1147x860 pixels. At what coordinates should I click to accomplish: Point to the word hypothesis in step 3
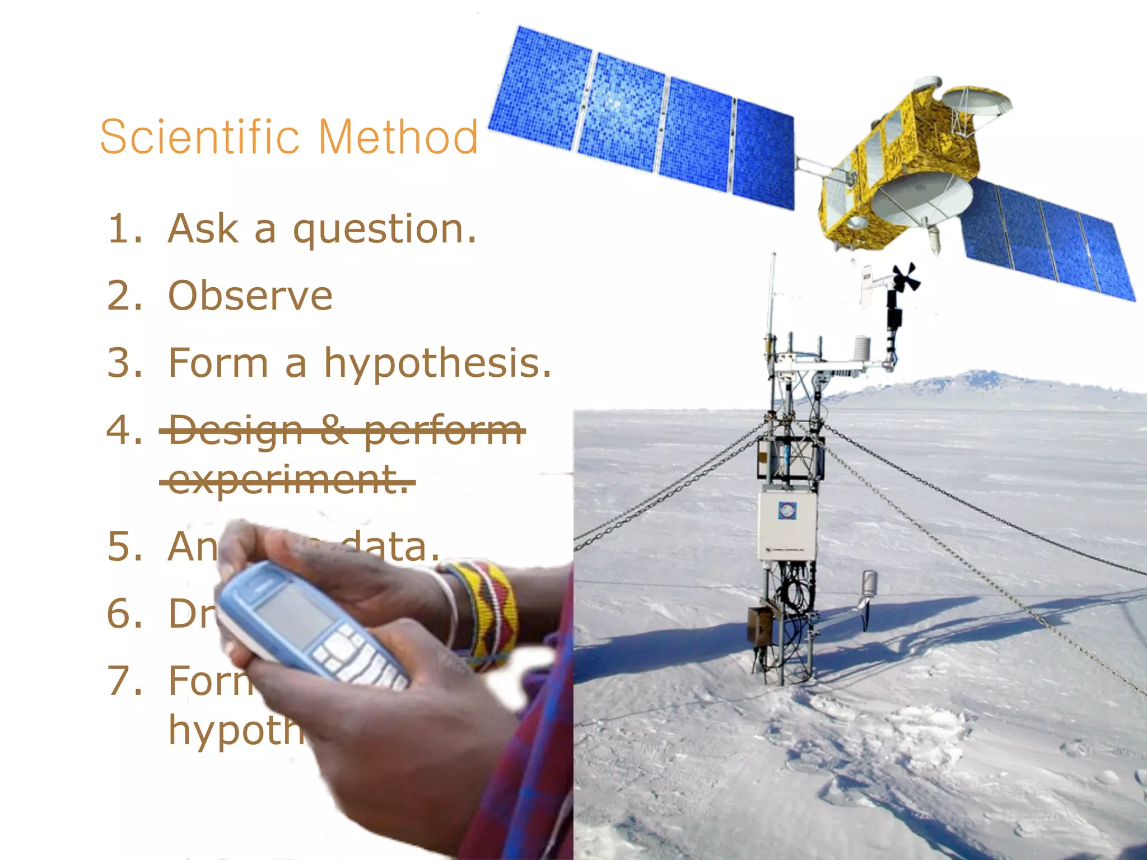pyautogui.click(x=437, y=364)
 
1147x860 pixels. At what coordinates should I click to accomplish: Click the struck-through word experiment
pyautogui.click(x=287, y=480)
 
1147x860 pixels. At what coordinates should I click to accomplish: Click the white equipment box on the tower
pyautogui.click(x=787, y=524)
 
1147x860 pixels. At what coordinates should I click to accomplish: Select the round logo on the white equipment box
pyautogui.click(x=787, y=510)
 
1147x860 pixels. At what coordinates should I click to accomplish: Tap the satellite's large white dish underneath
pyautogui.click(x=924, y=196)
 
